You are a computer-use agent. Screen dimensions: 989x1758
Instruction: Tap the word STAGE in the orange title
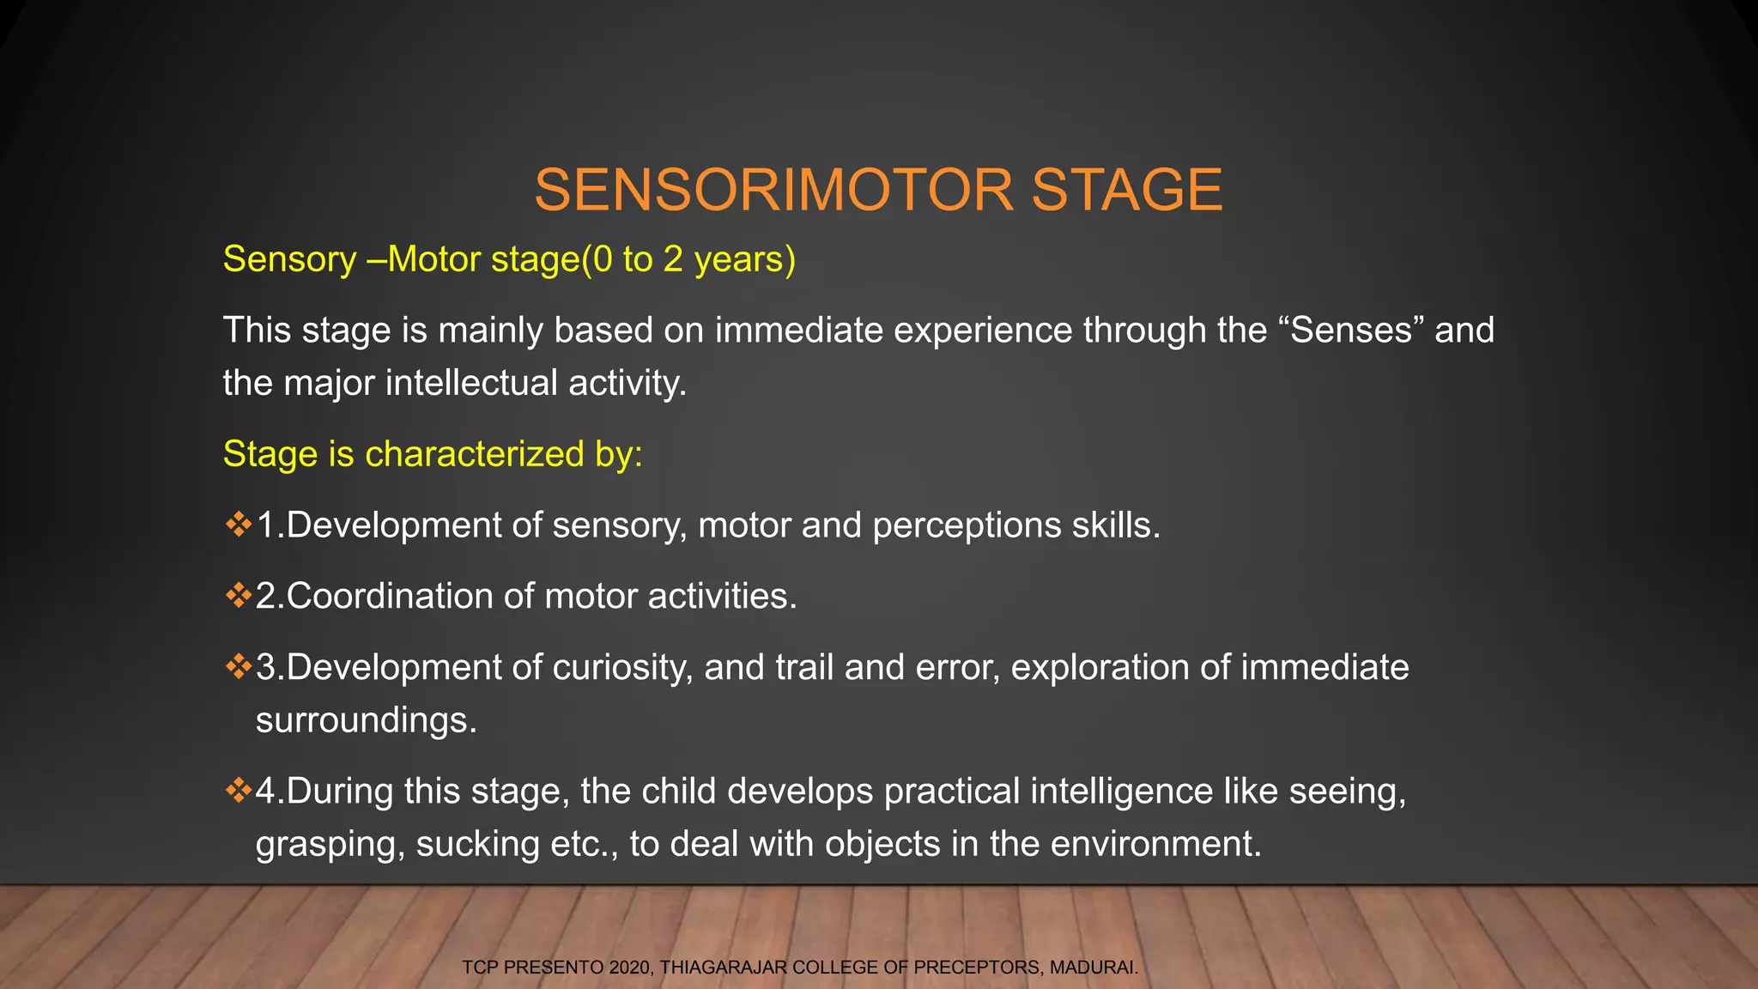click(x=1126, y=190)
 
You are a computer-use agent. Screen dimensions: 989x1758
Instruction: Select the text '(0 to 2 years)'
click(x=688, y=259)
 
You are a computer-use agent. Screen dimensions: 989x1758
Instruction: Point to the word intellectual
click(x=471, y=383)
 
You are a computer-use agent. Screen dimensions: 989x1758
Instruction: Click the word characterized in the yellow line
click(x=474, y=454)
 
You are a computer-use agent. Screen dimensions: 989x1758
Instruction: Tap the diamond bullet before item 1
click(x=238, y=524)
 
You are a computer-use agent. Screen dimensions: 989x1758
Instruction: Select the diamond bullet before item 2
click(x=238, y=595)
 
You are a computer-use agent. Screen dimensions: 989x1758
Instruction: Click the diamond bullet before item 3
click(x=238, y=666)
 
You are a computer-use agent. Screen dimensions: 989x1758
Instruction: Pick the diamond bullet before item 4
click(x=238, y=790)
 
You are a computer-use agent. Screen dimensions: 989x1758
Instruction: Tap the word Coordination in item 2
click(x=390, y=597)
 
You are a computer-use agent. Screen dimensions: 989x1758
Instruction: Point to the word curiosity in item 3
click(x=621, y=668)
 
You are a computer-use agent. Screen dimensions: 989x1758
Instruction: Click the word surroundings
click(x=365, y=721)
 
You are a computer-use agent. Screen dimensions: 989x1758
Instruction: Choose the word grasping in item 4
click(x=330, y=845)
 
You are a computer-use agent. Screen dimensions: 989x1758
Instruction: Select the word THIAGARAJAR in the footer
click(x=723, y=968)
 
